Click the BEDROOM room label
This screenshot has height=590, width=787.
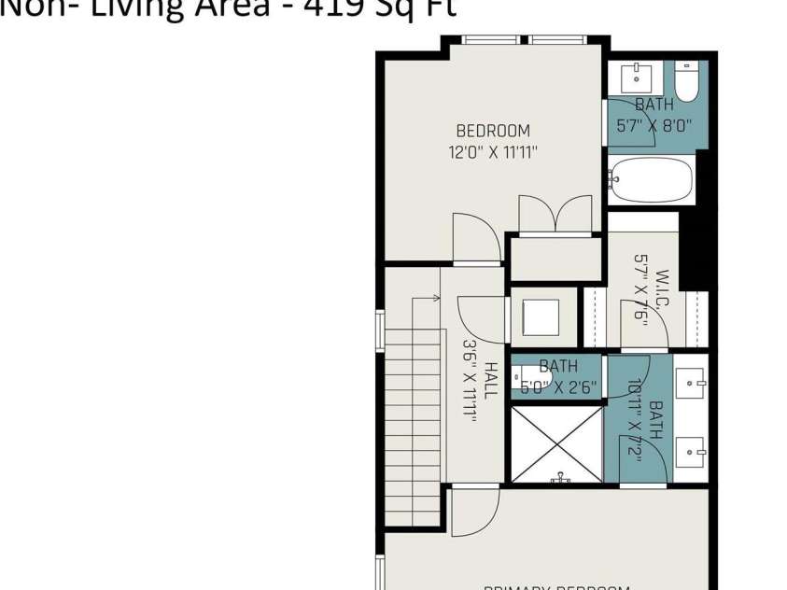point(493,132)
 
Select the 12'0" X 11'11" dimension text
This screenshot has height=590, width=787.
point(493,152)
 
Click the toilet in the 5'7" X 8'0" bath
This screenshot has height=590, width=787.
point(686,82)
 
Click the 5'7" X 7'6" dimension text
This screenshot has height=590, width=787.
point(640,289)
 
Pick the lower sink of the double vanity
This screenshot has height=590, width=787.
point(692,452)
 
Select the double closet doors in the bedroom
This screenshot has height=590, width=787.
point(555,214)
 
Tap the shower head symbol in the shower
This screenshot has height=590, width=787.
point(561,477)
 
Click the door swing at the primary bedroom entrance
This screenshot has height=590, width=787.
point(474,513)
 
